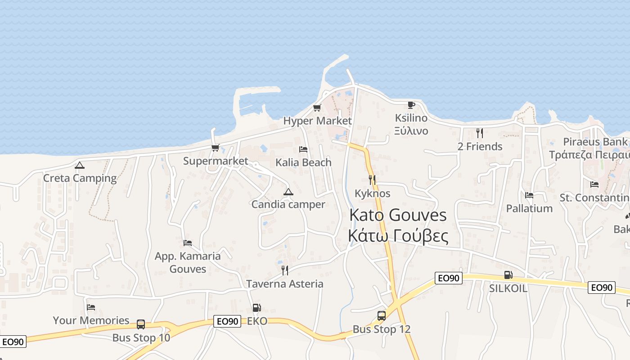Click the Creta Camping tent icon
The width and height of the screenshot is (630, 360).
click(x=80, y=165)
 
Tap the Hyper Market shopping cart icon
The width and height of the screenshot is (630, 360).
click(x=317, y=108)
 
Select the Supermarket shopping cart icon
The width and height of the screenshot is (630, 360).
click(x=216, y=148)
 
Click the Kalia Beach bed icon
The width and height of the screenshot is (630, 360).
click(x=303, y=149)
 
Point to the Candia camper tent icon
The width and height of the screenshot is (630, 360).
click(x=288, y=192)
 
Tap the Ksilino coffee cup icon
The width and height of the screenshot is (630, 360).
click(x=411, y=105)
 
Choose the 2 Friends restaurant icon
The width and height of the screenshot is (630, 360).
click(x=480, y=133)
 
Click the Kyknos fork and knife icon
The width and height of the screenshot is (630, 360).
click(x=372, y=180)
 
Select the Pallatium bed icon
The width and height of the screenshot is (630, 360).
click(x=529, y=195)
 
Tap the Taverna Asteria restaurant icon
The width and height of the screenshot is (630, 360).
click(x=284, y=270)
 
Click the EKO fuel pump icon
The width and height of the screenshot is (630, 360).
click(x=256, y=308)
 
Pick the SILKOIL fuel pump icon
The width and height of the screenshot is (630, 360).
click(x=508, y=274)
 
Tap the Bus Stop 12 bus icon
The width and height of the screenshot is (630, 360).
click(x=382, y=315)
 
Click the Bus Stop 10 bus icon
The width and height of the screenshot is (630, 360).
click(x=141, y=324)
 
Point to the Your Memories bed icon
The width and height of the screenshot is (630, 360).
click(x=91, y=307)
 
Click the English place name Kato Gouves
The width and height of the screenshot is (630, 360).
click(x=398, y=215)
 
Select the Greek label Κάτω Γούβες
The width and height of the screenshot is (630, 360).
click(x=398, y=235)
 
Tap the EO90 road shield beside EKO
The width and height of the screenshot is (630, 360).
click(x=227, y=321)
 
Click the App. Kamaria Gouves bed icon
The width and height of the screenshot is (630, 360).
click(x=188, y=243)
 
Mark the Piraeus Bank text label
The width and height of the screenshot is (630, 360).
click(x=595, y=142)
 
